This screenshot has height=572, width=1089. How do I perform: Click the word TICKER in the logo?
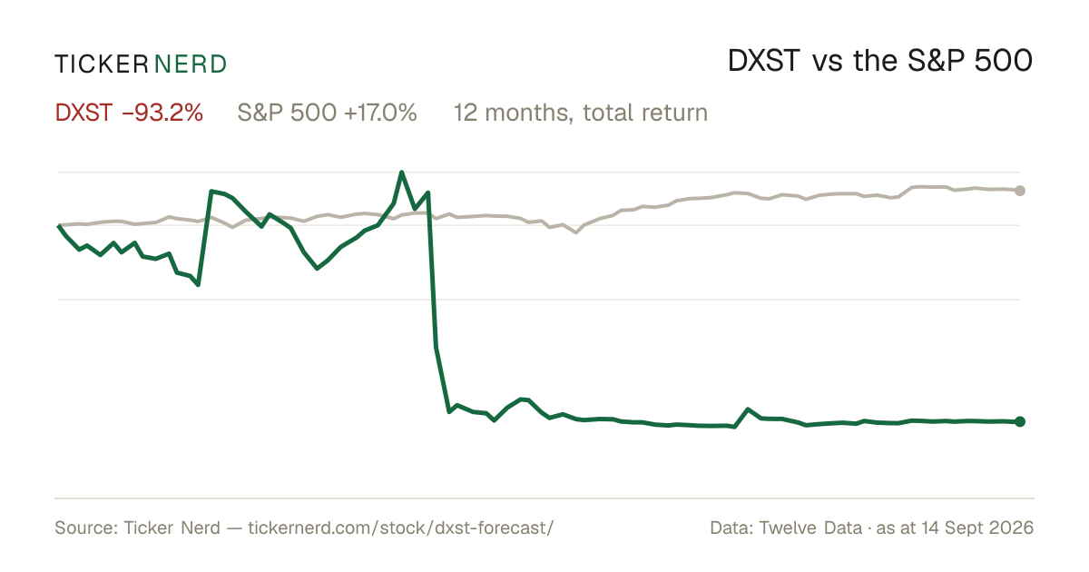(102, 64)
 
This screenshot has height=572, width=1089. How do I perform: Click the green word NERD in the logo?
(191, 64)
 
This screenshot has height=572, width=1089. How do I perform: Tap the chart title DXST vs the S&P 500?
(880, 62)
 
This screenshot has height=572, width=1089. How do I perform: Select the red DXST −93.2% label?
(129, 113)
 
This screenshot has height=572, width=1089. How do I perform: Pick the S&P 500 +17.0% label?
(328, 113)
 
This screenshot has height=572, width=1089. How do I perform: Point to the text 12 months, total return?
(581, 113)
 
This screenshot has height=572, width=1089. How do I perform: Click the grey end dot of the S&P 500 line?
(1020, 191)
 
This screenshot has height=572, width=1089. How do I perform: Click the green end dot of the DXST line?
(1020, 421)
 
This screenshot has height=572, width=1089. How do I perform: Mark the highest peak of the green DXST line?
(401, 173)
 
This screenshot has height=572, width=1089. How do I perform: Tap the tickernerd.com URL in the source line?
(400, 528)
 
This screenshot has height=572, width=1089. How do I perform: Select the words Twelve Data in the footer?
(810, 528)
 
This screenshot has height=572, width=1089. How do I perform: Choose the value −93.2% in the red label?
(162, 113)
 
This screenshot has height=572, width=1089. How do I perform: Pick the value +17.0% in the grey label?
(380, 113)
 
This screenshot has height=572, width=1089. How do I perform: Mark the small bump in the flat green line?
(748, 409)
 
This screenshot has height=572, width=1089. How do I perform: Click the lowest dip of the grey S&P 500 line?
(576, 232)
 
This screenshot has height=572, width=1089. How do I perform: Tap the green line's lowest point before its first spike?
(199, 284)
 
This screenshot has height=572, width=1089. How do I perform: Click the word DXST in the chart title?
(764, 62)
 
